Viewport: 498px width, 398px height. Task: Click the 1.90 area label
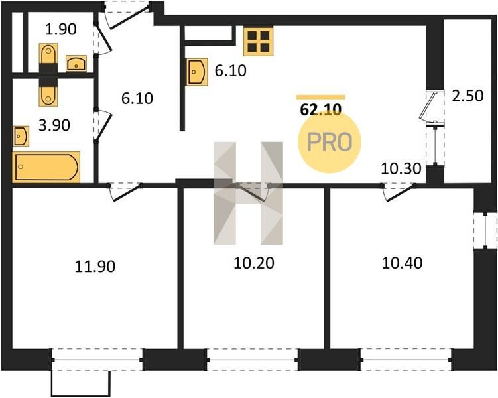point(60,29)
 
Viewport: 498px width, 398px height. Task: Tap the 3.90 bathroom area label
point(54,125)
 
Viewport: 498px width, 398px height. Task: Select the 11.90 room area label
point(95,266)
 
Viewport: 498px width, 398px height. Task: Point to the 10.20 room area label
point(254,263)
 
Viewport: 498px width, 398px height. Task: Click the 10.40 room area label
point(402,263)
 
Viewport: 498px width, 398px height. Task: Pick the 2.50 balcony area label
point(467,96)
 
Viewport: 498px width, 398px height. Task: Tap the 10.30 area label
point(401,168)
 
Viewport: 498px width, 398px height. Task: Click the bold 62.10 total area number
point(321,110)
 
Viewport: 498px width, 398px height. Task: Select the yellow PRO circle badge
point(330,142)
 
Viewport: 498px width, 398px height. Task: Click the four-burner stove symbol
point(258,41)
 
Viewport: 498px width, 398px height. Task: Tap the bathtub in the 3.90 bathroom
point(46,167)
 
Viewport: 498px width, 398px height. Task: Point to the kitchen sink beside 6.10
point(197,72)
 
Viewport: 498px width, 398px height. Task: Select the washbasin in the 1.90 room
point(76,64)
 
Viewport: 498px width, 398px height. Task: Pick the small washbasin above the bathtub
point(21,136)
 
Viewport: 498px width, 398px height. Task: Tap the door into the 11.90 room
point(125,192)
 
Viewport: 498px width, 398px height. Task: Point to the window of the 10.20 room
point(253,360)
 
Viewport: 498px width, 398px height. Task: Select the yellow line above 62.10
point(321,98)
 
